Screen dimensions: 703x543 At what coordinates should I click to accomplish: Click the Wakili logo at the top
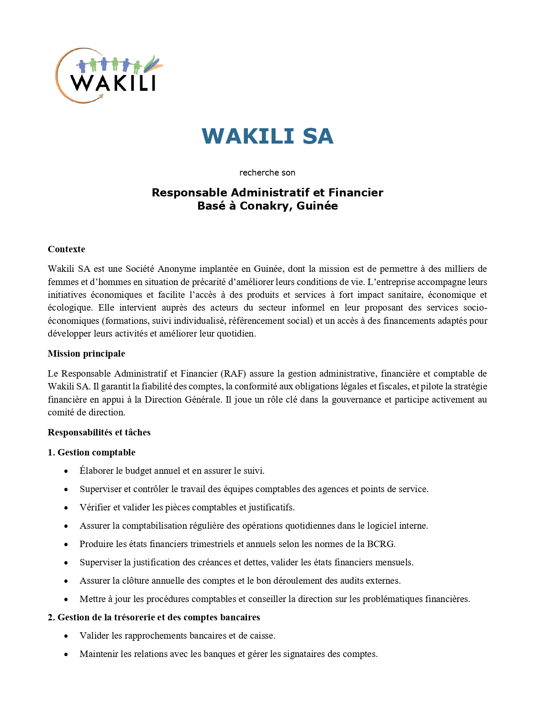pos(109,76)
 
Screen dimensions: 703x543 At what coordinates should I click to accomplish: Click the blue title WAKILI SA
pos(267,136)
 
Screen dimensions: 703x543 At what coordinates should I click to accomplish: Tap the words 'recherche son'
pos(267,173)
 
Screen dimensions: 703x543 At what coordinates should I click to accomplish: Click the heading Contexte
pos(66,249)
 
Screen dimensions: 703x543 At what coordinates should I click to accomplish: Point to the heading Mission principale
pos(86,354)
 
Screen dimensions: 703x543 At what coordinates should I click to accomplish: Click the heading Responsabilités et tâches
pos(99,432)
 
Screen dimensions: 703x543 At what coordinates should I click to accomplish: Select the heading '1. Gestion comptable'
pos(92,452)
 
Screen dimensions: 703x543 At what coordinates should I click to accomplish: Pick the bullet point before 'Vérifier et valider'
pos(66,508)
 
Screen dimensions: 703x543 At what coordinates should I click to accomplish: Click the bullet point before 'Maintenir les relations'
pos(66,654)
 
